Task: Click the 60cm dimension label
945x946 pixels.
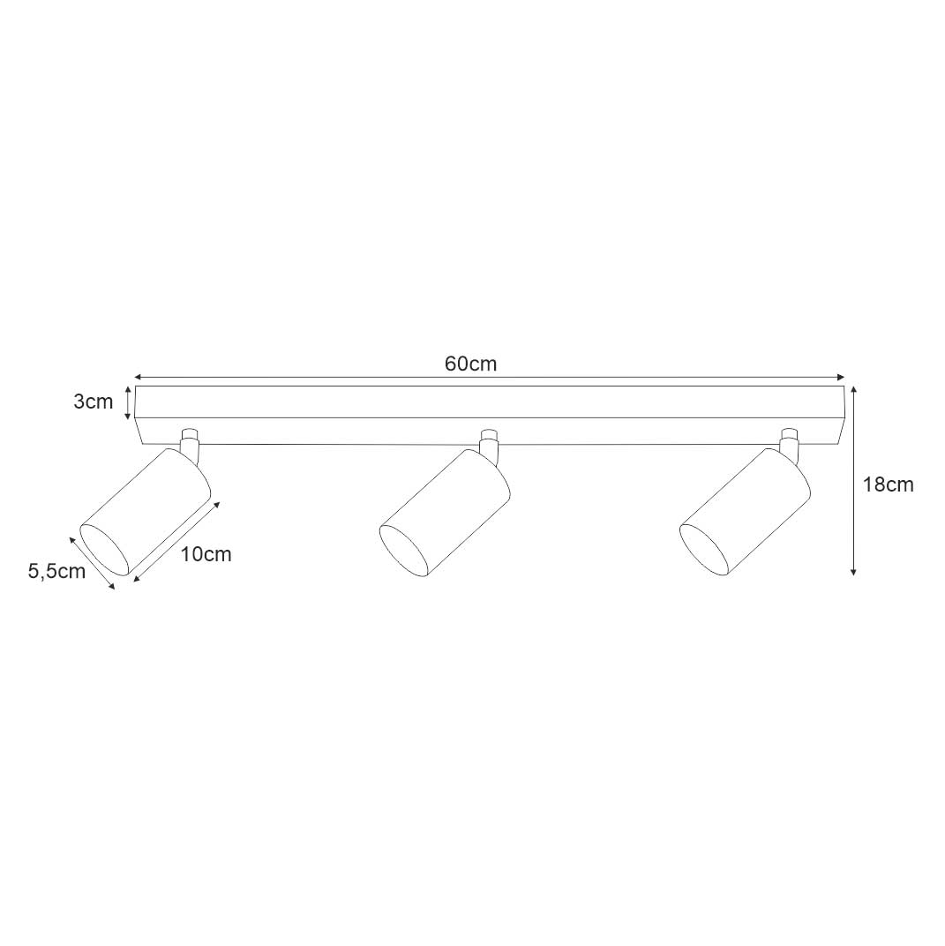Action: (470, 364)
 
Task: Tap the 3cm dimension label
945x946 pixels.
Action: (94, 402)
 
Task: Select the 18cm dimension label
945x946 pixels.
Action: (888, 484)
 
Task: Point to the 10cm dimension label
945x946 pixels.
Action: (206, 553)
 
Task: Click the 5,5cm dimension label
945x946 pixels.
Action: (56, 571)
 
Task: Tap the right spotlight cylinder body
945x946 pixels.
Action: (745, 512)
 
